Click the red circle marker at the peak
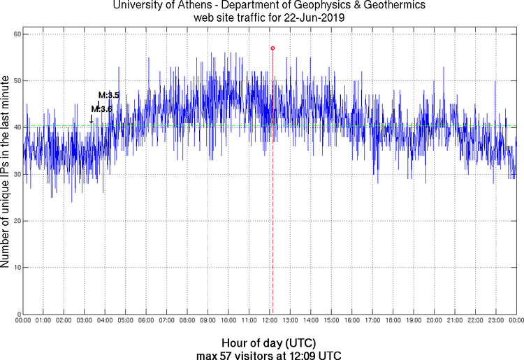(x=272, y=48)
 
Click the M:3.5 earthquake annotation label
(x=109, y=95)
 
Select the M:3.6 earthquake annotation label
(x=102, y=108)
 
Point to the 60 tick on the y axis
(x=15, y=34)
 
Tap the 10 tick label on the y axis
(x=15, y=267)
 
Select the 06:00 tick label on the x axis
(x=146, y=320)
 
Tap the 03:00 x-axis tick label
(x=84, y=320)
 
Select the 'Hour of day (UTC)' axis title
(x=268, y=343)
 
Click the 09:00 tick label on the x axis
(x=208, y=320)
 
